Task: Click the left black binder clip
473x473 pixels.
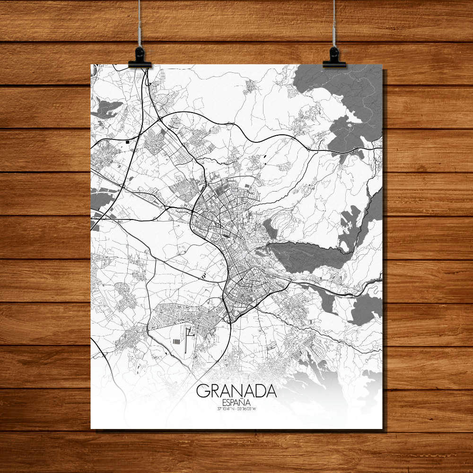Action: coord(140,58)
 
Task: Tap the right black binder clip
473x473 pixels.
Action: coord(334,58)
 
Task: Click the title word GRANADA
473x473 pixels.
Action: coord(236,392)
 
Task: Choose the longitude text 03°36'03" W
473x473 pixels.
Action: coord(250,408)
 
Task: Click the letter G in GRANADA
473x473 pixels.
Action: coord(202,392)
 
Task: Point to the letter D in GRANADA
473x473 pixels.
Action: coord(260,392)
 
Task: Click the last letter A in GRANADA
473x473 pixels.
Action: coord(271,392)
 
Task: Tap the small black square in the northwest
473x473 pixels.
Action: coord(128,140)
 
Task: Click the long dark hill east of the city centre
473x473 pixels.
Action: coord(303,255)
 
